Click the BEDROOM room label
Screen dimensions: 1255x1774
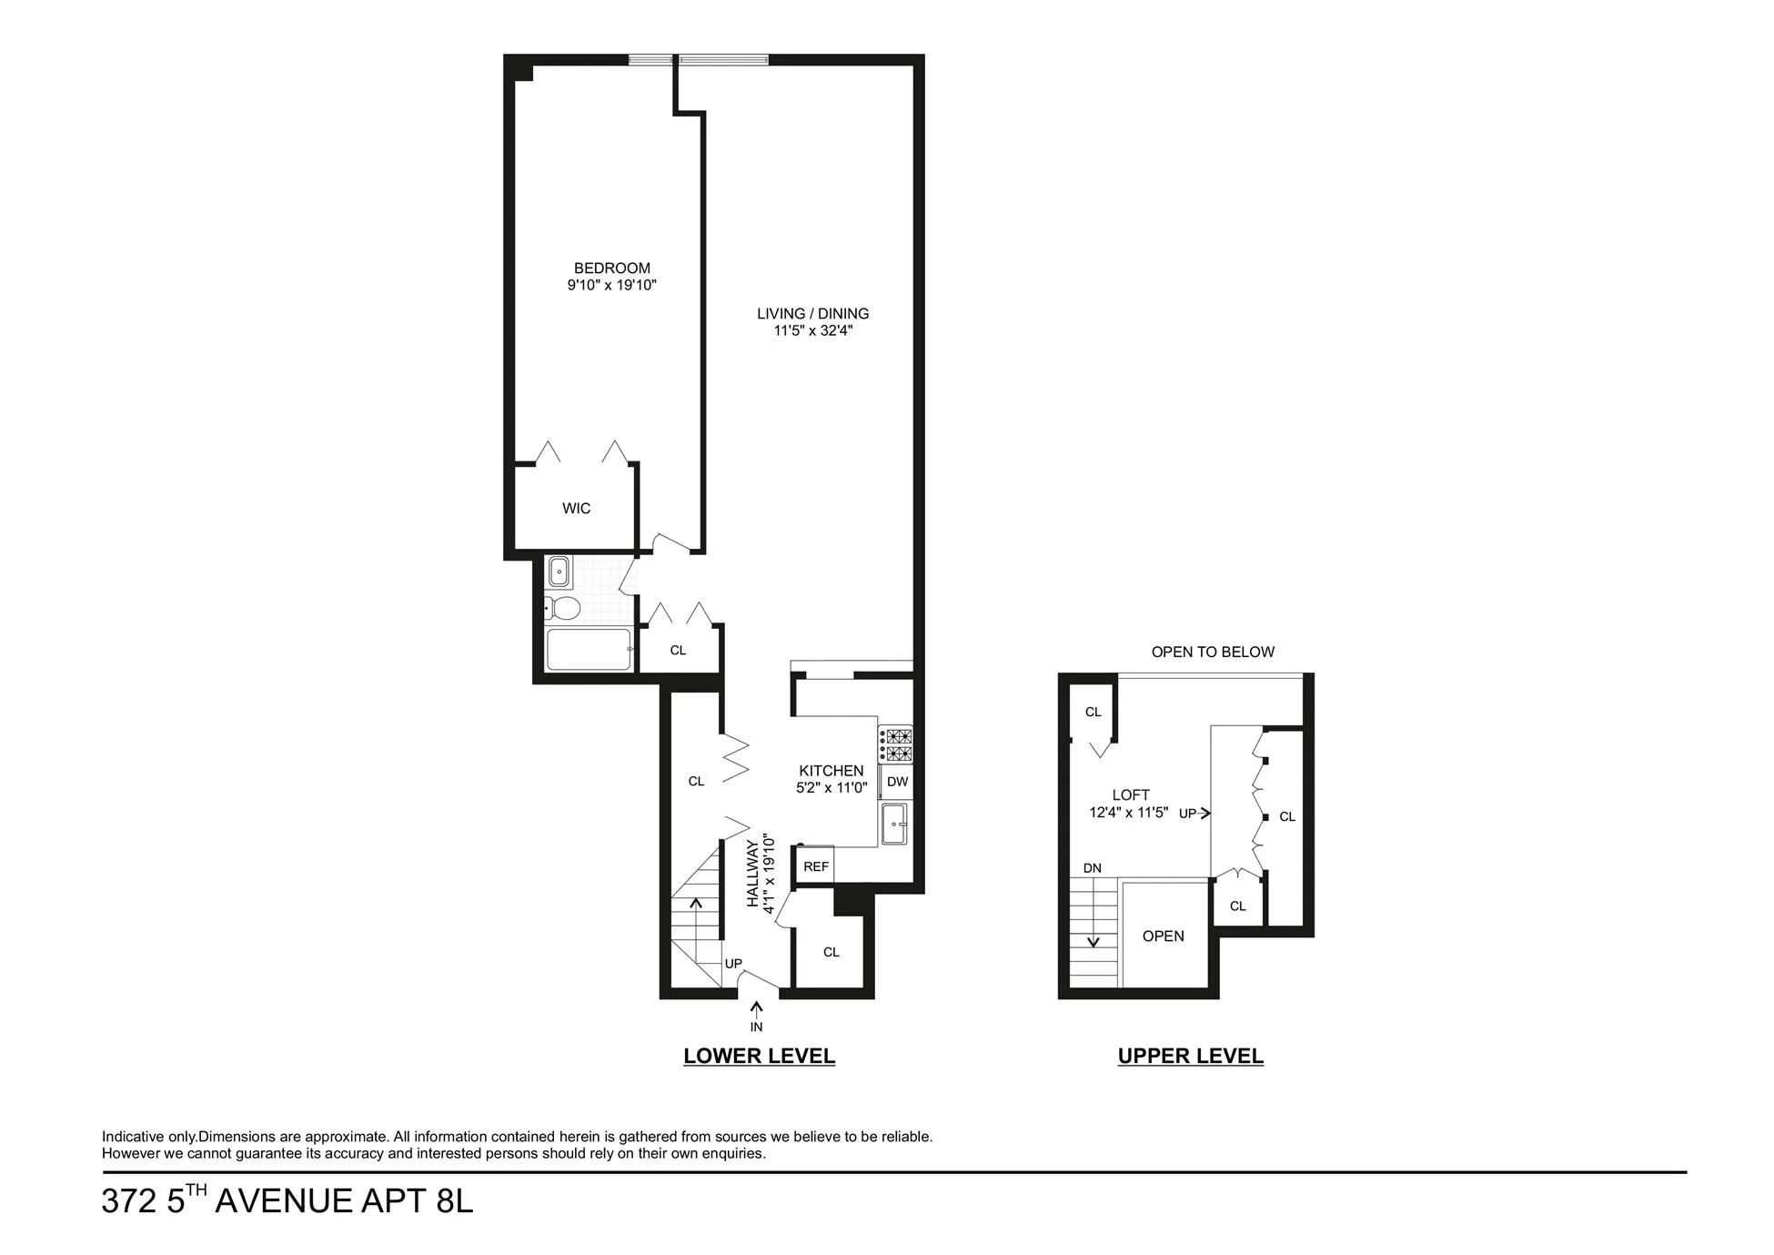tap(611, 268)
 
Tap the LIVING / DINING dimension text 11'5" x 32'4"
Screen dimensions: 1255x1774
tap(812, 331)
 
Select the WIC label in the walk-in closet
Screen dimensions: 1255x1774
tap(576, 509)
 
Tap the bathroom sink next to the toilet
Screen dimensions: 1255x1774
tap(559, 572)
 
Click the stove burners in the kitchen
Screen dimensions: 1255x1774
tap(895, 744)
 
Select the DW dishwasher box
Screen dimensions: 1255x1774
tap(896, 782)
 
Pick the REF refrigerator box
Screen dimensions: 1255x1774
tap(815, 866)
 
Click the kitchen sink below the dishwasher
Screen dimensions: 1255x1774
tap(894, 824)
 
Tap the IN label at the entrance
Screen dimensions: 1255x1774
tap(756, 1027)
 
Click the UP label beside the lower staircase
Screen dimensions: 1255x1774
tap(733, 964)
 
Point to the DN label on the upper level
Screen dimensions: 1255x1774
tap(1093, 868)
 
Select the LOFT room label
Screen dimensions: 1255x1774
tap(1131, 795)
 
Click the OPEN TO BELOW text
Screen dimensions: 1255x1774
tap(1213, 653)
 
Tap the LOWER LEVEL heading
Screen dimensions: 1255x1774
tap(759, 1057)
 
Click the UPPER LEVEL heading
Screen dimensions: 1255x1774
tap(1190, 1057)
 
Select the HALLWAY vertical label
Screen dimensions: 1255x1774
tap(753, 873)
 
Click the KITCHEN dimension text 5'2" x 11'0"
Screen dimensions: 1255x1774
tap(832, 788)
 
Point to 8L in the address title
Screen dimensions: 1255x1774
tap(454, 1201)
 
